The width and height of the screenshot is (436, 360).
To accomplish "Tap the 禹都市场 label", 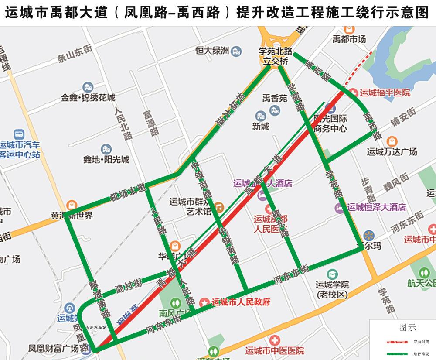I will point(349,40).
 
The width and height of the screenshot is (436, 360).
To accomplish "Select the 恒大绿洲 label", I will point(212,51).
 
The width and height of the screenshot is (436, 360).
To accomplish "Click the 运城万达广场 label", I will point(392,152).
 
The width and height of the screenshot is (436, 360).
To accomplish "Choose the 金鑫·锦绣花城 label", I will point(88,98).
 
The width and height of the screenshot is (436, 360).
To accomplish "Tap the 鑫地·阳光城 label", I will point(106,160).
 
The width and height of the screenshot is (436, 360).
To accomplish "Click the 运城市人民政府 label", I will point(241,302).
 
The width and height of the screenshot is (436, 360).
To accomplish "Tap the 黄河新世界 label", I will point(72,216).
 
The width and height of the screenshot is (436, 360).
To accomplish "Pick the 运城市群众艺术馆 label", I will point(190,206).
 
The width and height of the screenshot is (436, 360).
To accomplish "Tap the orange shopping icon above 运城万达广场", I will point(392,141).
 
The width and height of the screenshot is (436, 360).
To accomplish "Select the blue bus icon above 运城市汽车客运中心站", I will point(19,134).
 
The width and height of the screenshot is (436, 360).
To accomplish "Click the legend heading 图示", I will point(407,328).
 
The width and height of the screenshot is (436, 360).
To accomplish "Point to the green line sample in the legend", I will point(398,354).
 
